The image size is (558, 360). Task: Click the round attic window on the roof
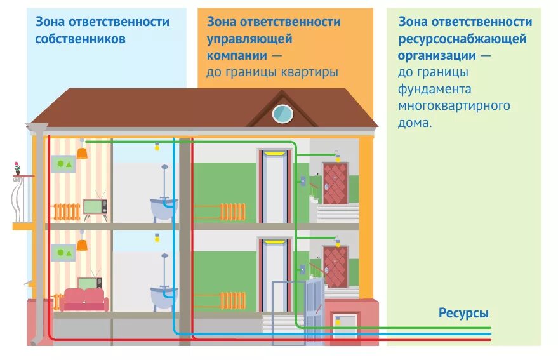pyautogui.click(x=282, y=113)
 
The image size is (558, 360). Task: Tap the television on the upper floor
pyautogui.click(x=95, y=206)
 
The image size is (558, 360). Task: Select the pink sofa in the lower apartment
pyautogui.click(x=84, y=298)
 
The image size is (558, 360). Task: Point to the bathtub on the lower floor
pyautogui.click(x=164, y=296)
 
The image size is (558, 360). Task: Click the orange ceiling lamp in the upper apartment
pyautogui.click(x=81, y=153)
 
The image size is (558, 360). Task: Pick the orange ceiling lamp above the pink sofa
pyautogui.click(x=81, y=244)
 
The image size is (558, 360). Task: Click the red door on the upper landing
pyautogui.click(x=335, y=183)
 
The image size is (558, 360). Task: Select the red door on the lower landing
pyautogui.click(x=335, y=267)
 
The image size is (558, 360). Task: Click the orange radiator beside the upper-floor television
pyautogui.click(x=65, y=211)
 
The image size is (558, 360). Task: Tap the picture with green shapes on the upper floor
pyautogui.click(x=64, y=164)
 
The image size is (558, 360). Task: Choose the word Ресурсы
pyautogui.click(x=463, y=313)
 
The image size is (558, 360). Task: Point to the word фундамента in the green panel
pyautogui.click(x=435, y=88)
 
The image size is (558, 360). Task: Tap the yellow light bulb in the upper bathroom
pyautogui.click(x=157, y=147)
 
